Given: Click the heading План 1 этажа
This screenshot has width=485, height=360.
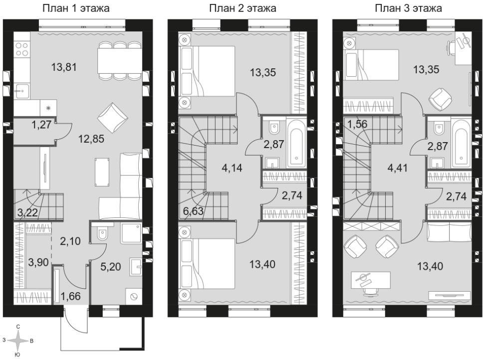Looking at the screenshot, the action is point(76,8).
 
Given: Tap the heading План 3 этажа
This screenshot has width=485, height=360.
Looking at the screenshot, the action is point(408,8).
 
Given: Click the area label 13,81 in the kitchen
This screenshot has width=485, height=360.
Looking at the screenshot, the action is point(64,67).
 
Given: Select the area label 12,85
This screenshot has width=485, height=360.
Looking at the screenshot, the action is point(91,139).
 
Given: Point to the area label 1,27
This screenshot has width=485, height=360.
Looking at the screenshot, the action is point(41,125).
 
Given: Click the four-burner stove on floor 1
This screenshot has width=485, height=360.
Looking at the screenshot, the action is point(22,49).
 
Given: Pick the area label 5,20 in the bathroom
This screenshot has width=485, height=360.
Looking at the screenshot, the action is point(111,266).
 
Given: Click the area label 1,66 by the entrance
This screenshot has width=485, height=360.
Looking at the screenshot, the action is point(70,296).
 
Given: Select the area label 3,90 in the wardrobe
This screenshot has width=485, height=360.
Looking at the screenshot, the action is point(38,262).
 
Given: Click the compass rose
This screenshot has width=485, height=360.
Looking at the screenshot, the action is point(18,341).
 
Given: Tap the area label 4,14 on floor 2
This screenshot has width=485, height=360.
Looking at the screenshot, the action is point(232,168).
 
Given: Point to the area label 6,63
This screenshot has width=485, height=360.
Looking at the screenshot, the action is point(193,211).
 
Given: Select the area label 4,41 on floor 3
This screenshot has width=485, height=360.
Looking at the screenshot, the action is point(398,168).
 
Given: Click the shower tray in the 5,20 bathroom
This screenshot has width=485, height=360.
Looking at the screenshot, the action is point(131,233).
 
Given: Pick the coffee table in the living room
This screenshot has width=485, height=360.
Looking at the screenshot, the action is point(102,172).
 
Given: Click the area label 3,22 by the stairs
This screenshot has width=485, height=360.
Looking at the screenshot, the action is point(28,212).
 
